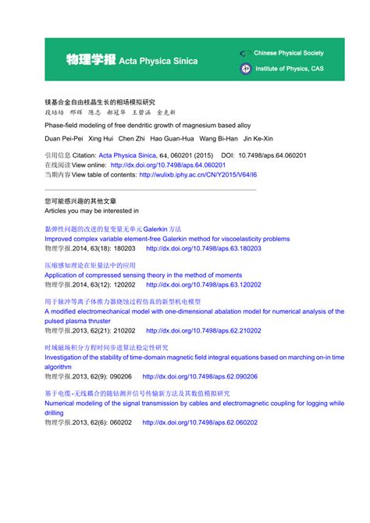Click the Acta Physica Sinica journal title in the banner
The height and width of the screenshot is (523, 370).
158,60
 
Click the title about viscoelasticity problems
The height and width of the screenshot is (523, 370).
167,238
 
